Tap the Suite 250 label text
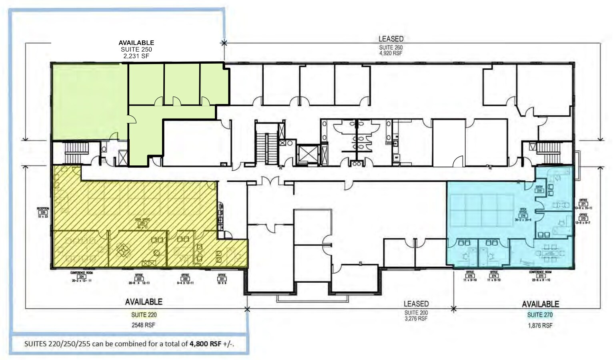(136, 49)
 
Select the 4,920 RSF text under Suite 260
(391, 53)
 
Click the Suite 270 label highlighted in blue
(540, 315)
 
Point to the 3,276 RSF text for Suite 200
(416, 319)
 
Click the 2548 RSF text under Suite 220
(143, 325)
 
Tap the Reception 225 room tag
(43, 212)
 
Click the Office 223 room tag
(139, 279)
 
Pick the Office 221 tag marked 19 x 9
(222, 279)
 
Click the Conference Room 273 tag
(540, 276)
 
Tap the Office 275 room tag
(470, 276)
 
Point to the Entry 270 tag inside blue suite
(539, 189)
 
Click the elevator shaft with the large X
(307, 154)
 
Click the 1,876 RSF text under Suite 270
(540, 326)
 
